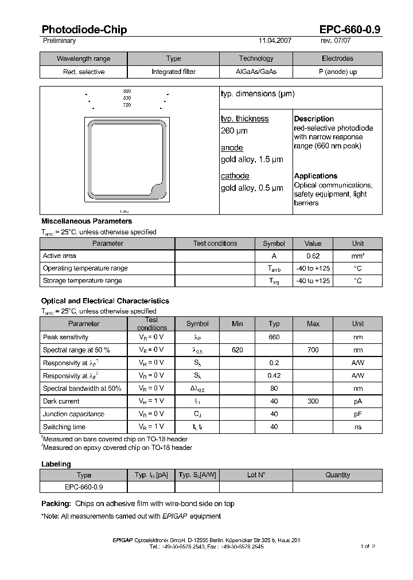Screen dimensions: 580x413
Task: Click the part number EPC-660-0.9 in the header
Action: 350,30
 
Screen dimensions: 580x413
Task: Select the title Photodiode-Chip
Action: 84,30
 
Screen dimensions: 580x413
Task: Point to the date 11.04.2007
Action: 275,41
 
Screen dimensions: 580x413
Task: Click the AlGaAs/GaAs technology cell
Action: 256,72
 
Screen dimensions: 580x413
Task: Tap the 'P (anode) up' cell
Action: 337,72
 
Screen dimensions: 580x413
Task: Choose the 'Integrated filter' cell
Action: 173,72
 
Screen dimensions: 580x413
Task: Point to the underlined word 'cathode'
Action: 235,176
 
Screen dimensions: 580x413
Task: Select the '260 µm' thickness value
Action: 234,131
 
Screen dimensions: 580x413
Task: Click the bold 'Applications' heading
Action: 315,176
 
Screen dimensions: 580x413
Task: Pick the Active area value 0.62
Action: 313,256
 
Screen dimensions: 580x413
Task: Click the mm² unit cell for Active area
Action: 357,256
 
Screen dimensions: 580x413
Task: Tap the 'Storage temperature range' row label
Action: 82,281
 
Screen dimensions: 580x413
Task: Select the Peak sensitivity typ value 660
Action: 274,337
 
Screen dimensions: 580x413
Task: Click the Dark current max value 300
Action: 313,401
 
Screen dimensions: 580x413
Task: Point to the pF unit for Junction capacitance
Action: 357,414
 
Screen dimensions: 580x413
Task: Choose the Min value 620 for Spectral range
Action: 237,350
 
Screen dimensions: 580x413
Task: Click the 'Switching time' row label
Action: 64,427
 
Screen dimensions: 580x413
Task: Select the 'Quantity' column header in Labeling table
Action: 337,475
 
